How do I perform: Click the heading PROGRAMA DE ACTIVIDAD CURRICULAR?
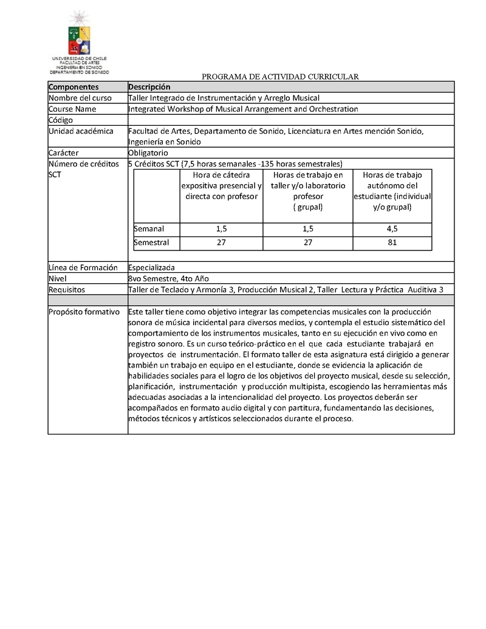pos(281,77)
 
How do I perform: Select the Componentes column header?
pos(74,87)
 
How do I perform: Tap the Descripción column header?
pos(149,87)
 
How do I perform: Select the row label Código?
pos(61,120)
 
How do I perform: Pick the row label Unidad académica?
pos(81,131)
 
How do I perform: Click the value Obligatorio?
pos(152,153)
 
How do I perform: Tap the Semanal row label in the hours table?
pos(149,229)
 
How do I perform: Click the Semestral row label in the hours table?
pos(151,242)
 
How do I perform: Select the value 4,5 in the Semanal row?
pos(392,229)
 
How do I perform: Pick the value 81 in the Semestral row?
pos(392,242)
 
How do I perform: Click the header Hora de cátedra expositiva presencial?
pos(221,185)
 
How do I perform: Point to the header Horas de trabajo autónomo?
pos(392,185)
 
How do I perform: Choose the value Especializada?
pos(152,267)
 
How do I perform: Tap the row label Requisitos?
pos(67,289)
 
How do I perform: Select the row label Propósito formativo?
pos(84,311)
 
